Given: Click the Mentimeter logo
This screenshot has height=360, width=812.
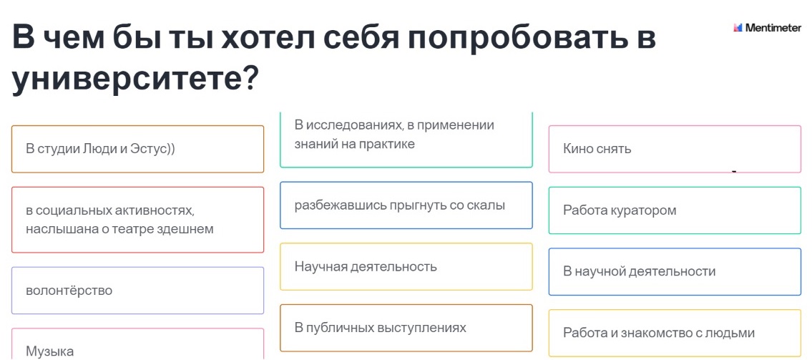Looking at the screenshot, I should pos(767,28).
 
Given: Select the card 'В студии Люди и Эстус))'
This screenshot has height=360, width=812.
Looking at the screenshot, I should pos(137,149).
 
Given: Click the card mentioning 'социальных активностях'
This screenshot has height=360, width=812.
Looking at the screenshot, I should pos(137,220).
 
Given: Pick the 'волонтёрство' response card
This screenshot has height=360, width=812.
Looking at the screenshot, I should pos(137,291).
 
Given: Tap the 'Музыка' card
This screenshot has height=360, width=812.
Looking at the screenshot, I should pos(137,346).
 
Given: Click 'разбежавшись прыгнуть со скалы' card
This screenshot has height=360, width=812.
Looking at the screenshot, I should pos(406,205).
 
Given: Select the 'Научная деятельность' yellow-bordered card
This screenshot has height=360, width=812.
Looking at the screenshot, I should pos(406,267).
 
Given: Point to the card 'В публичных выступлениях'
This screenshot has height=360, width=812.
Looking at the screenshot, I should pos(406,328).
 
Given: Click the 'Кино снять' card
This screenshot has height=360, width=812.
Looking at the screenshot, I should pos(674,149).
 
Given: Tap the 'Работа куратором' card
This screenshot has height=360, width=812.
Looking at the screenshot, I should pos(674,210).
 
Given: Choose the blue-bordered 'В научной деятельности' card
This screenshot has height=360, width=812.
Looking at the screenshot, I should pos(674,271).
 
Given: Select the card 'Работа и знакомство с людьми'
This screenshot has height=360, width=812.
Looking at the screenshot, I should pos(674,333).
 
